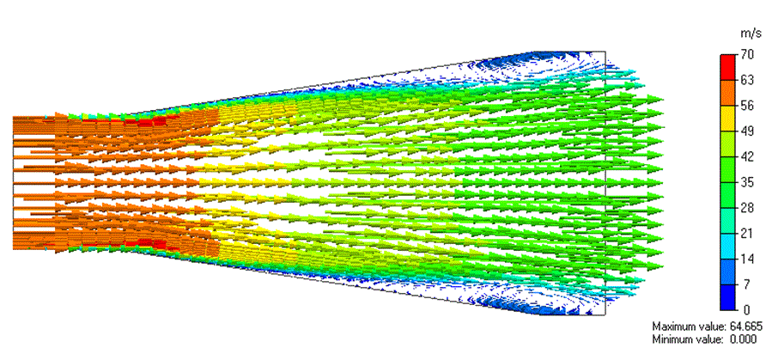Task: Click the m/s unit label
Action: [751, 34]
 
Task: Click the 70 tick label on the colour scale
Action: [747, 54]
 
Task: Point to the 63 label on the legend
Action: [747, 80]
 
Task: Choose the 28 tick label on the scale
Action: [747, 208]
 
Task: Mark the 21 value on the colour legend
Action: [747, 233]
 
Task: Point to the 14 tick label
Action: [747, 259]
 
